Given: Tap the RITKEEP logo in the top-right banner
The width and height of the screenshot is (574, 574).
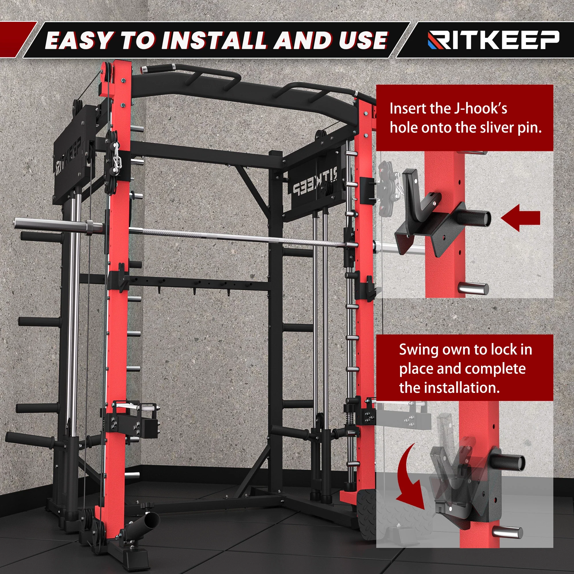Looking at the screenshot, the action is pyautogui.click(x=493, y=40).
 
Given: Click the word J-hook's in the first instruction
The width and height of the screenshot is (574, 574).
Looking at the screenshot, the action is pyautogui.click(x=481, y=109).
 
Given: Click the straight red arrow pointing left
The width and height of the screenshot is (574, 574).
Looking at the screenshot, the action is pyautogui.click(x=520, y=218).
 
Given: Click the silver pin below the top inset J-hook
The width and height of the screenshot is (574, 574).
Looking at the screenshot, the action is pyautogui.click(x=473, y=288).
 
